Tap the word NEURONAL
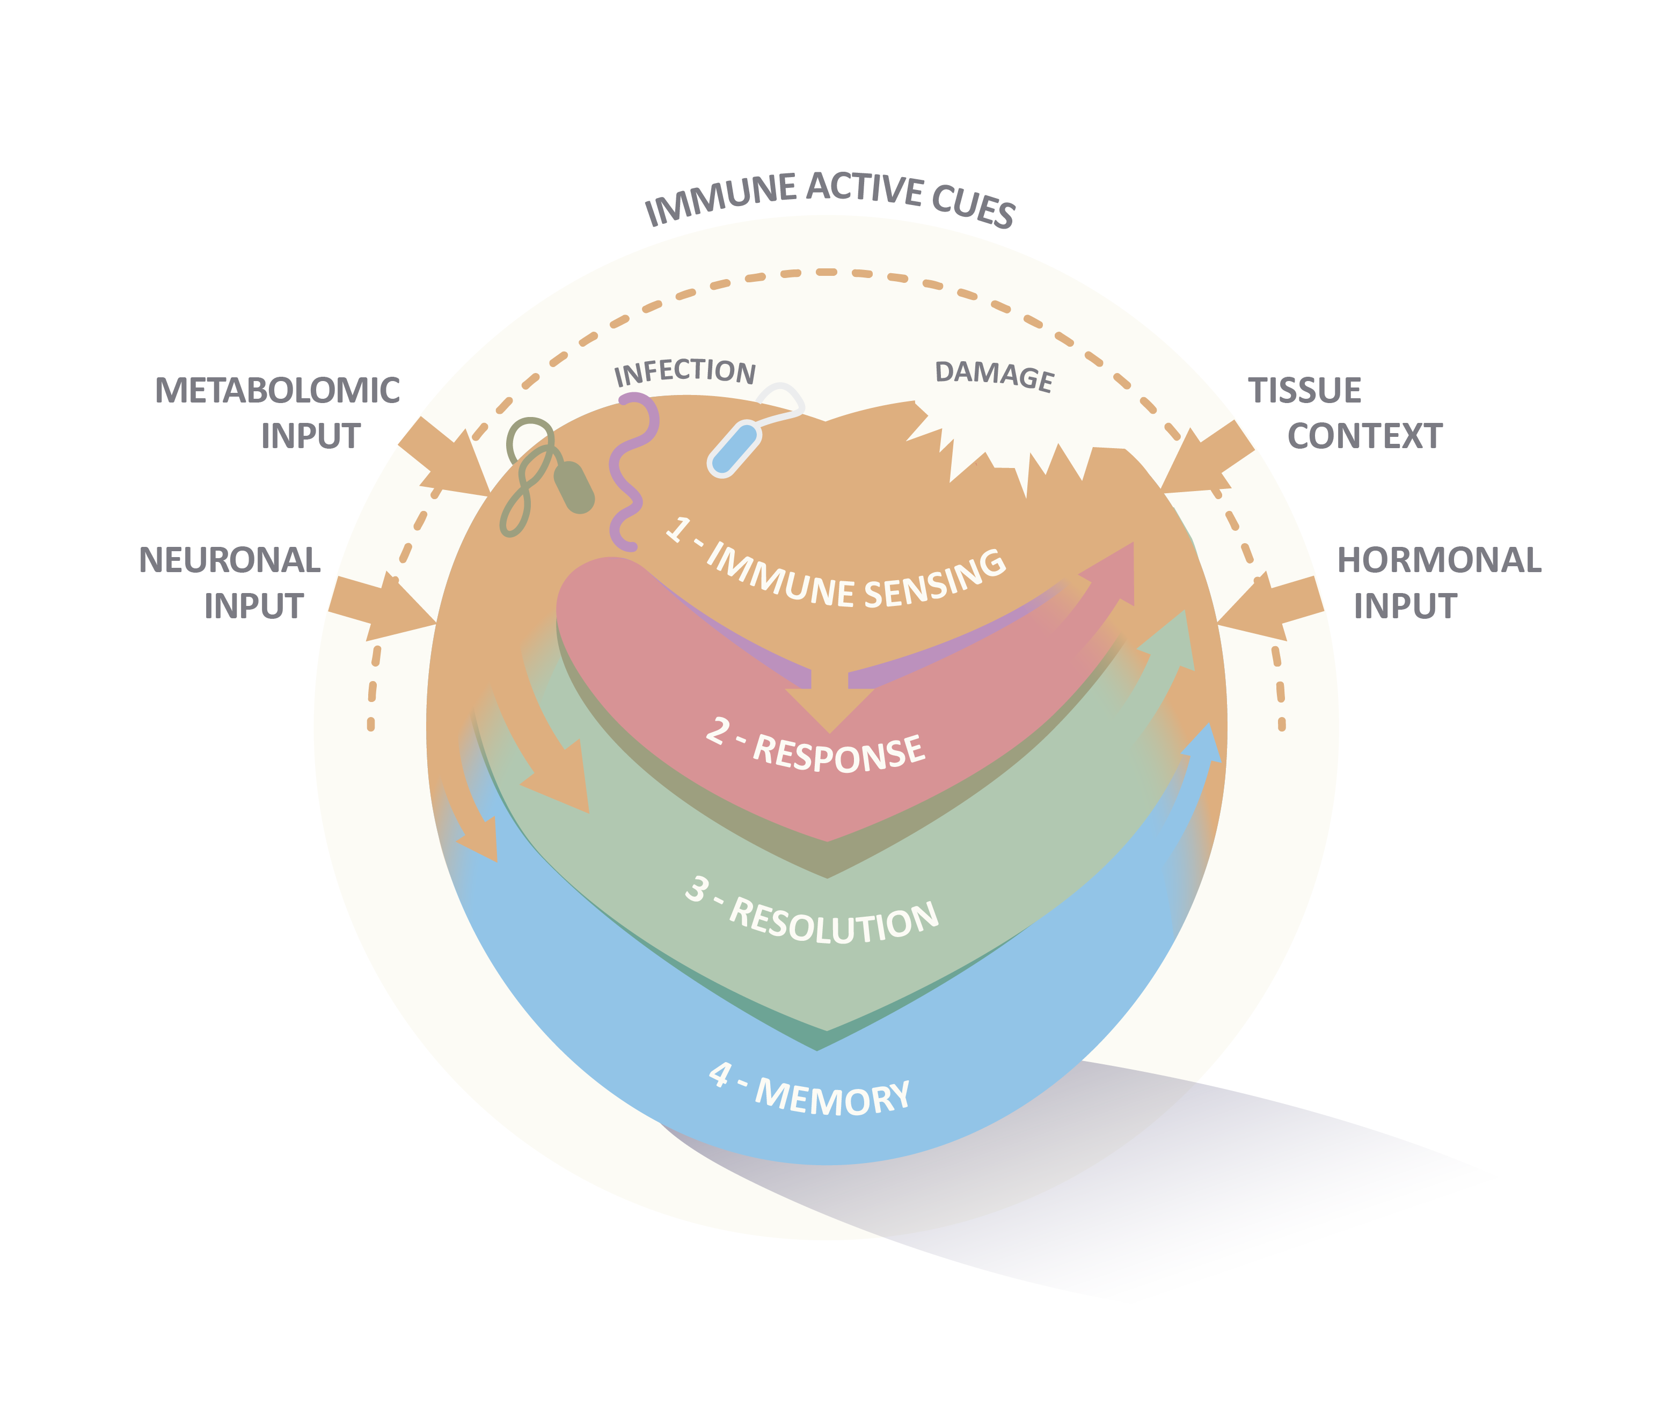coord(230,560)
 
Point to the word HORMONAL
coord(1438,560)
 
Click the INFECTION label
coord(685,372)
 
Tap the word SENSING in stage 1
coord(936,579)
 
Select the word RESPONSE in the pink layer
coord(838,752)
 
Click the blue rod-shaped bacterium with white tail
coord(734,449)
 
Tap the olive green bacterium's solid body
coord(574,487)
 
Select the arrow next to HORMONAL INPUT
coord(1269,606)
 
